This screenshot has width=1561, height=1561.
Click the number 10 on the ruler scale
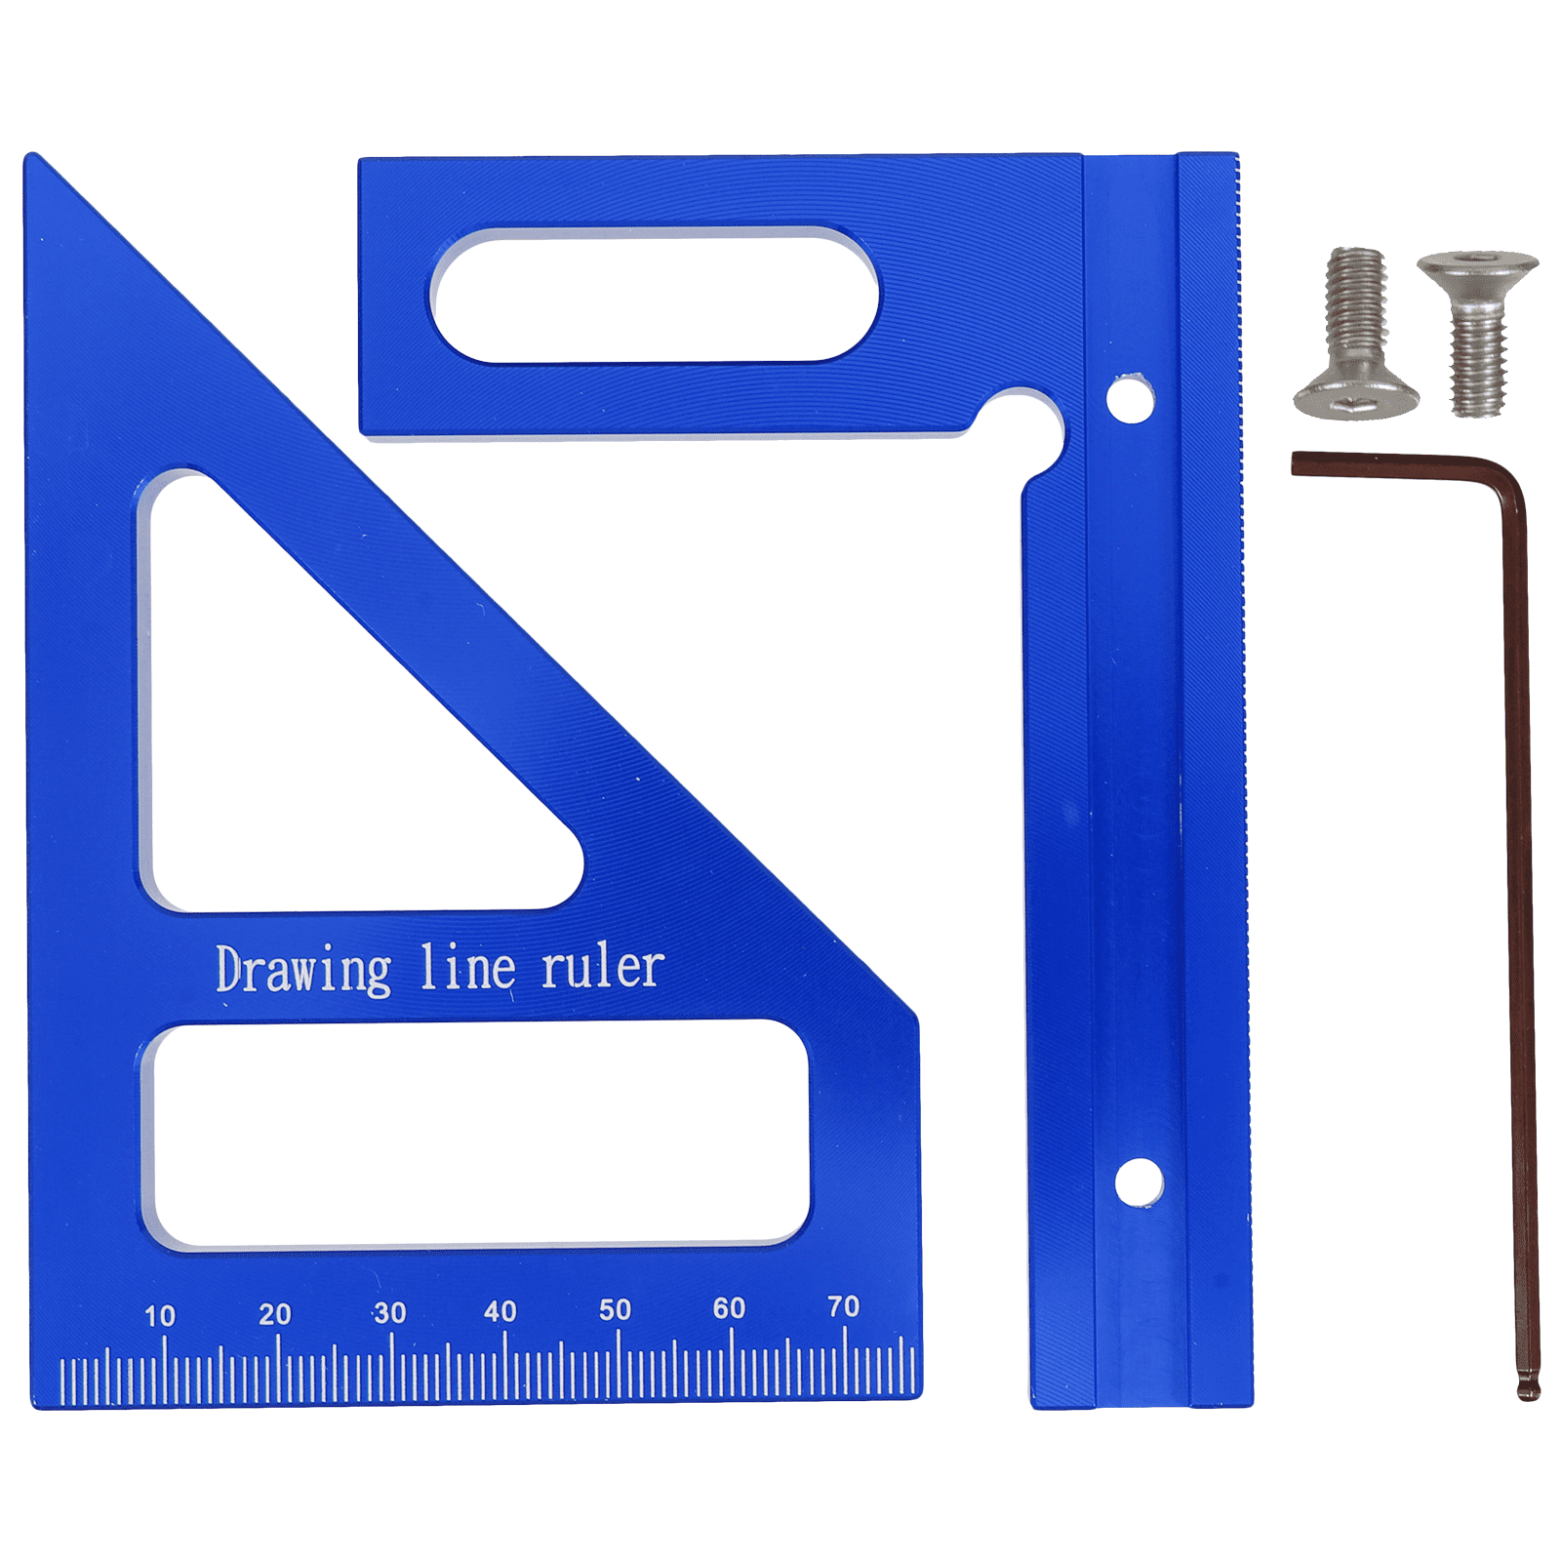[160, 1316]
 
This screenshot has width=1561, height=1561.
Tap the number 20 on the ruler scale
[275, 1314]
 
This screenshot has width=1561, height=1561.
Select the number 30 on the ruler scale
[389, 1312]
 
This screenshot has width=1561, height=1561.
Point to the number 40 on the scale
[500, 1310]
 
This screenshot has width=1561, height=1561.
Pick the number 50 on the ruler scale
[615, 1309]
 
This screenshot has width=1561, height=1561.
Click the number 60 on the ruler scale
[729, 1307]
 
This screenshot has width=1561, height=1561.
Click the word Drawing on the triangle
[303, 971]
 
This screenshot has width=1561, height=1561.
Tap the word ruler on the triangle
[603, 967]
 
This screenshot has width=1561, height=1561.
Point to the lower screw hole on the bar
[1139, 1182]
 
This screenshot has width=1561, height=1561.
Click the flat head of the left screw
[1355, 399]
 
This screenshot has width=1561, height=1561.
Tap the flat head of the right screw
[1477, 266]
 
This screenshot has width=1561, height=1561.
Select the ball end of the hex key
[1528, 1385]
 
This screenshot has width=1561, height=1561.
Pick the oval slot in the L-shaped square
[655, 296]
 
